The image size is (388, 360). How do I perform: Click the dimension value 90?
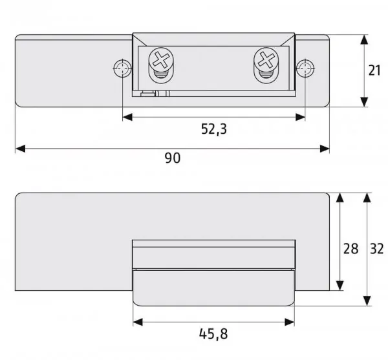pyautogui.click(x=173, y=158)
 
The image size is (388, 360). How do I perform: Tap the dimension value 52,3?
pyautogui.click(x=214, y=129)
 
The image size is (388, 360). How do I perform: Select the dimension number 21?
pyautogui.click(x=374, y=70)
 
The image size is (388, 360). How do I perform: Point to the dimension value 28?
pyautogui.click(x=350, y=249)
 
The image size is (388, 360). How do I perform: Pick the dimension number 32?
pyautogui.click(x=376, y=249)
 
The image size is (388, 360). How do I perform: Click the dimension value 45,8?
pyautogui.click(x=213, y=334)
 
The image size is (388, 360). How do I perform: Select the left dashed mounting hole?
pyautogui.click(x=122, y=68)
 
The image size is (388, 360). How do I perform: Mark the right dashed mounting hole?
pyautogui.click(x=305, y=68)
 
